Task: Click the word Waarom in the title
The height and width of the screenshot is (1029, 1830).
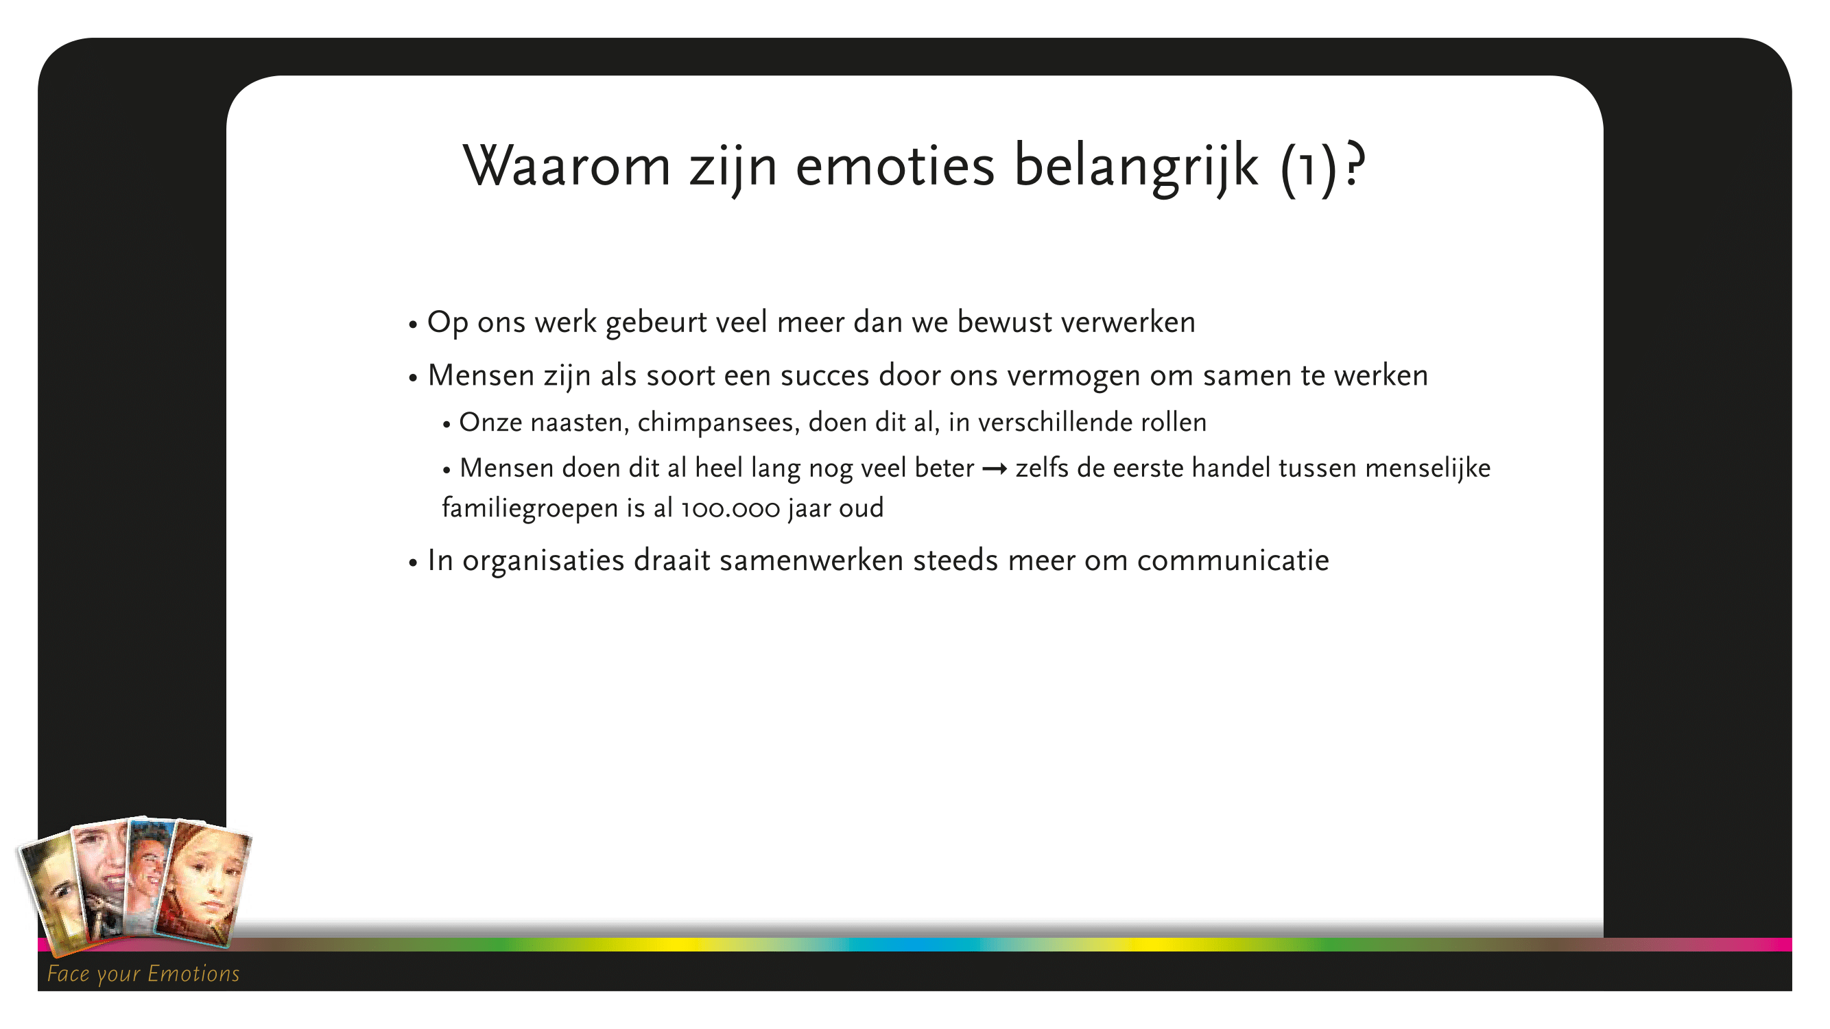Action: (x=567, y=166)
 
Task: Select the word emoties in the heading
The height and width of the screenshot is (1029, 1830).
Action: (x=894, y=166)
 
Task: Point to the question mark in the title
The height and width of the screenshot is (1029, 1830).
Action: (x=1354, y=164)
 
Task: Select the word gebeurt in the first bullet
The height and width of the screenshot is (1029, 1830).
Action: (x=656, y=322)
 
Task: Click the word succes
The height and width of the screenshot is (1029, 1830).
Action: (x=824, y=376)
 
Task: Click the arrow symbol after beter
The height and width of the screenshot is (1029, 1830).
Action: (x=994, y=469)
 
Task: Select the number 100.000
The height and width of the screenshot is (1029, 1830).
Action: (x=730, y=510)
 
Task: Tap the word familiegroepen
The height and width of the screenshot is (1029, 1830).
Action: (x=530, y=509)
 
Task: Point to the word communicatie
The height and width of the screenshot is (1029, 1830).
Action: (x=1233, y=560)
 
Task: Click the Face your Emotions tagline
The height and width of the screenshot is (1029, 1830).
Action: (x=143, y=973)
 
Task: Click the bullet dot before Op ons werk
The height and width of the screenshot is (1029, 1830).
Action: (x=413, y=326)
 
